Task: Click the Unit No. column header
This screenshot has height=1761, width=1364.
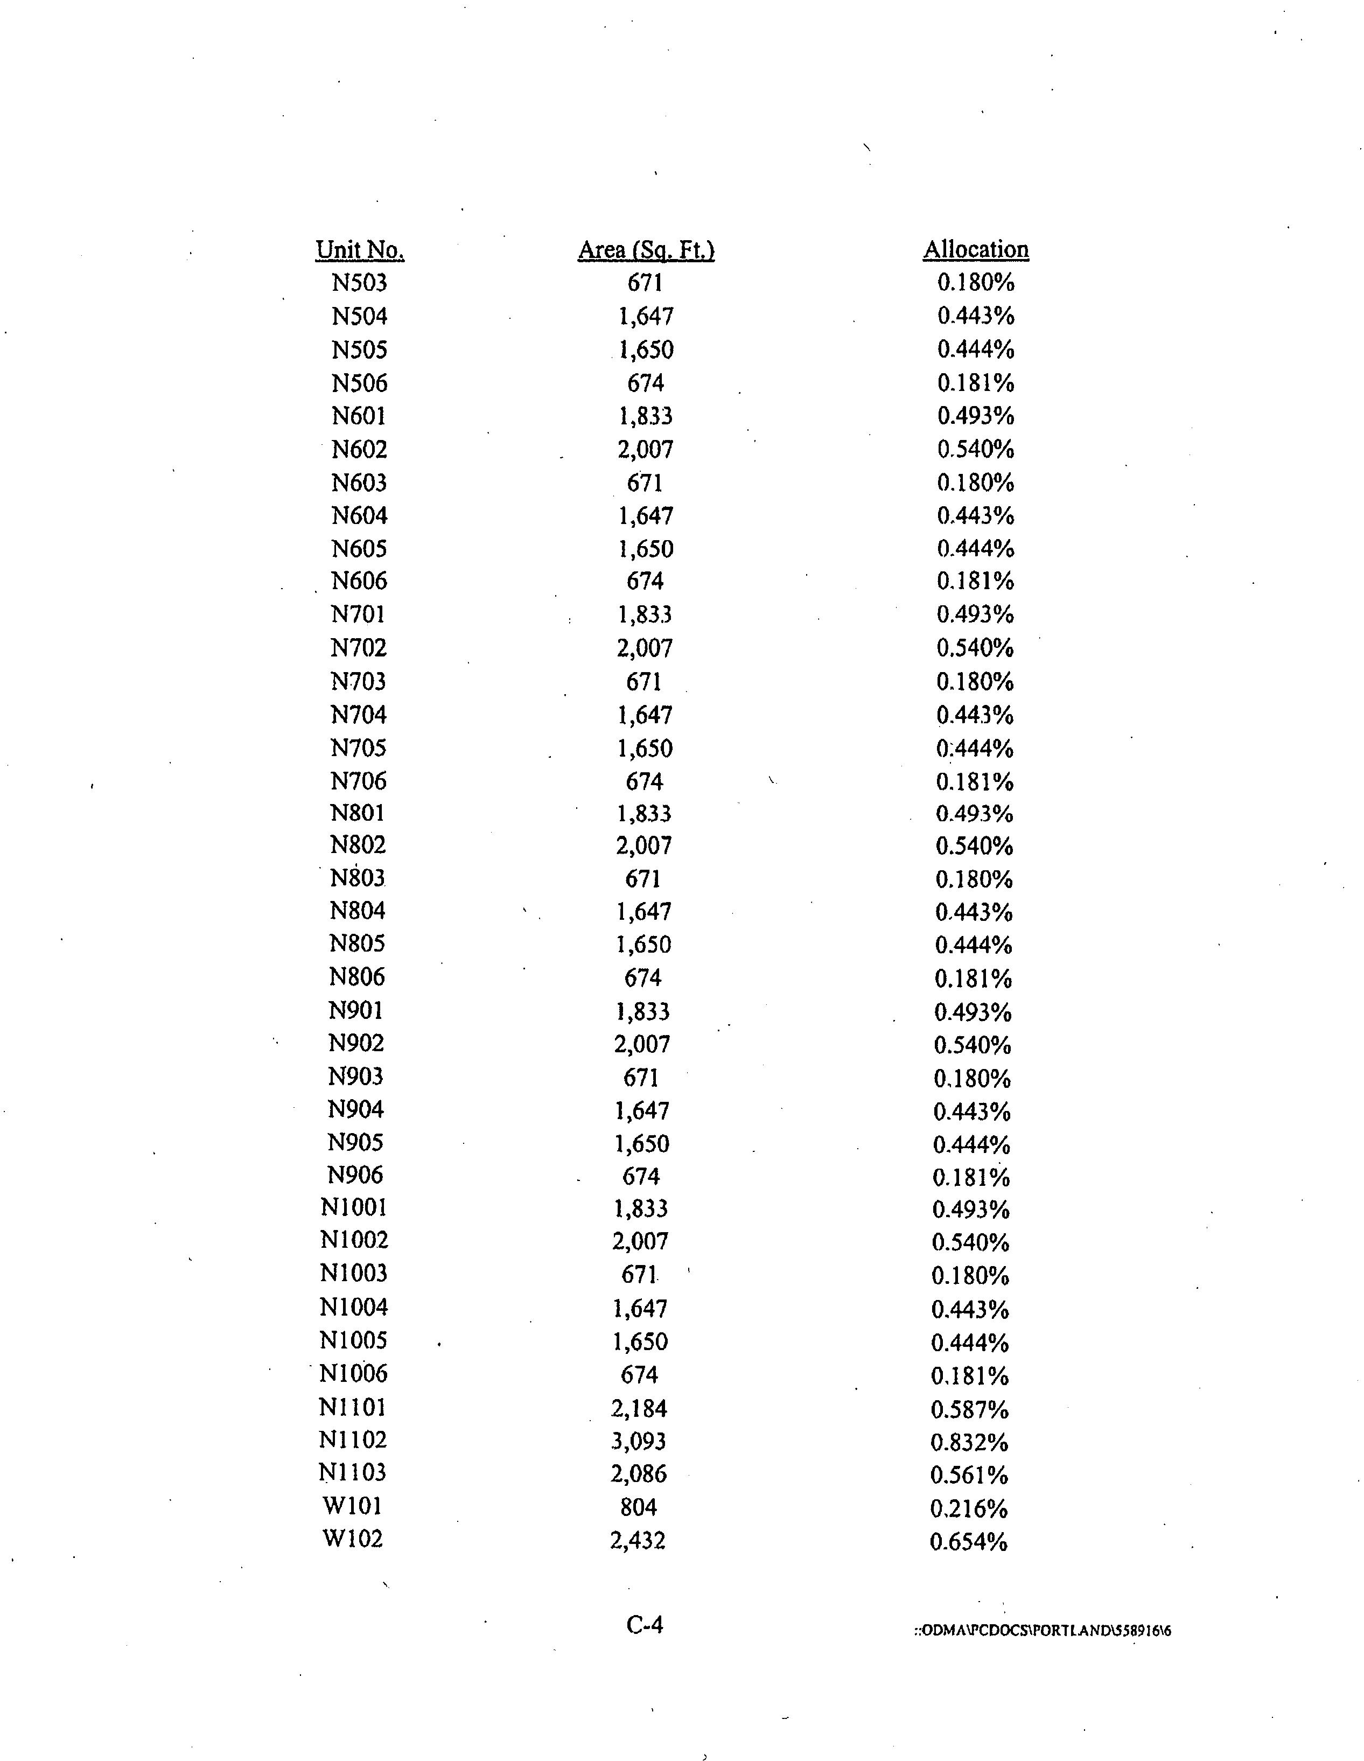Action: pos(360,250)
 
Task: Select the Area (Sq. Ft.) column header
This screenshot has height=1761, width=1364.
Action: pos(646,250)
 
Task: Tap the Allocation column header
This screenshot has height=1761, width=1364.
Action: pos(975,250)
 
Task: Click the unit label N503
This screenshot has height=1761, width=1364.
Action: pos(360,283)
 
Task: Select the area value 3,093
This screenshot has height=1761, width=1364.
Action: pos(639,1441)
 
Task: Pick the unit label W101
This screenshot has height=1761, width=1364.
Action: pos(352,1506)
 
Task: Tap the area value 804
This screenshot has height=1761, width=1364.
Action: pos(639,1507)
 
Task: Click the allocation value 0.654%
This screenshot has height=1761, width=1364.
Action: pos(968,1542)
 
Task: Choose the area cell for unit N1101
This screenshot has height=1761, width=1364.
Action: pos(639,1409)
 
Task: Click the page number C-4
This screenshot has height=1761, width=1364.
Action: pos(644,1625)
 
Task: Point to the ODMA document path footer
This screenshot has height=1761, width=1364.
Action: pos(1043,1630)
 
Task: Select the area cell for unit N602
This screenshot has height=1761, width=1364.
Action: pos(645,449)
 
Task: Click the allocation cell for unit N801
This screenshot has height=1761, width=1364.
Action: pos(974,814)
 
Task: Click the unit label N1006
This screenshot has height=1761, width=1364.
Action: pos(353,1373)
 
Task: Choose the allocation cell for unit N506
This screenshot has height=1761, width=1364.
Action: pos(975,383)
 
